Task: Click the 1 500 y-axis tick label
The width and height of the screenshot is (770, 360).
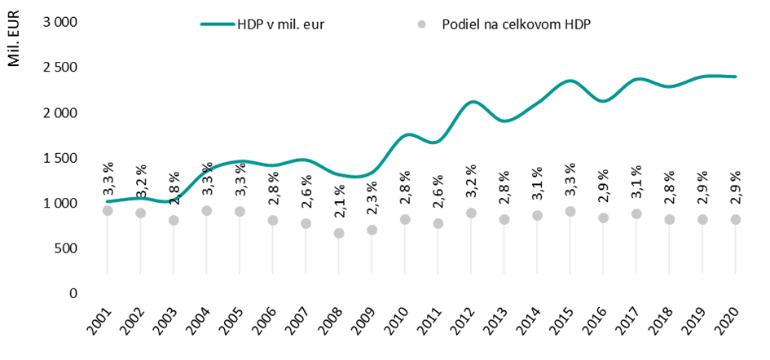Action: pos(59,157)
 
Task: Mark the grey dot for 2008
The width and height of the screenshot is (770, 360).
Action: pos(339,233)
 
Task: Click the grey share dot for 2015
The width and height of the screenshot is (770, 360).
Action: pos(570,212)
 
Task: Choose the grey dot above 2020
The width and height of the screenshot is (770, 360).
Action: pos(736,219)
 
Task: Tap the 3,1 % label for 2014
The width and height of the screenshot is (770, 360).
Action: pos(538,184)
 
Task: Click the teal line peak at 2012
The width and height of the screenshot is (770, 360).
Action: pos(472,102)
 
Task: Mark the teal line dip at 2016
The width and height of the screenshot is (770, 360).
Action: pos(604,101)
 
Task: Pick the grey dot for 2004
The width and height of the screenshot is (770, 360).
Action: pos(206,211)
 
